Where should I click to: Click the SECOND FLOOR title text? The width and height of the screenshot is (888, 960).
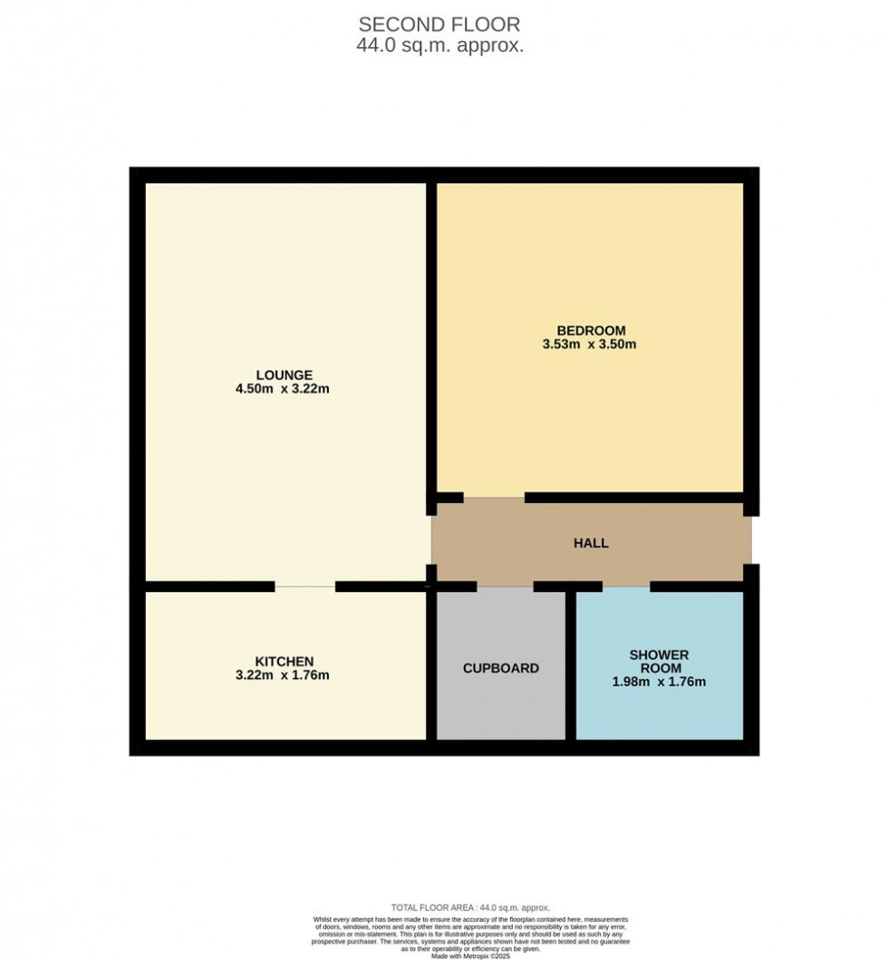(x=440, y=24)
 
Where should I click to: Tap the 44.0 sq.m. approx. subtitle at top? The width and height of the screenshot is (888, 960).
(x=440, y=46)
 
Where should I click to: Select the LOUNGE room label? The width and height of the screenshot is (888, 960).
(x=284, y=374)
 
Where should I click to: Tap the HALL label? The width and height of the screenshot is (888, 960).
(x=591, y=543)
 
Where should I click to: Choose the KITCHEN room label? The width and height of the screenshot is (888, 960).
(x=284, y=661)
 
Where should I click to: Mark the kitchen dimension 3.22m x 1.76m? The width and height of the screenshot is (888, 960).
(x=284, y=675)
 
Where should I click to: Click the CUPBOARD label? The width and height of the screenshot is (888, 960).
(x=500, y=668)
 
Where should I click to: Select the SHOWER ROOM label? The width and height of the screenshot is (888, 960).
(x=659, y=661)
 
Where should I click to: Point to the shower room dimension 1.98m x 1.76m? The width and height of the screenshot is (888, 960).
(x=659, y=682)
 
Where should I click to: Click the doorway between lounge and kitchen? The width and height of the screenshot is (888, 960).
(x=304, y=587)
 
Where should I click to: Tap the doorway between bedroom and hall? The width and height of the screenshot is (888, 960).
(x=494, y=498)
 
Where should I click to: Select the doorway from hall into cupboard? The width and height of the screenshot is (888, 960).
(x=505, y=587)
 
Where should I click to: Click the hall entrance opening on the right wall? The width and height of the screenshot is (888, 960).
(x=750, y=541)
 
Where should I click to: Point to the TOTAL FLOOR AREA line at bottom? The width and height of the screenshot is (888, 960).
(x=470, y=907)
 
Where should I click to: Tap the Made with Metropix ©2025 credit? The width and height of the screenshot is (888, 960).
(x=470, y=955)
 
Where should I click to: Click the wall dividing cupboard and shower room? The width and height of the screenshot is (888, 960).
(x=571, y=666)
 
